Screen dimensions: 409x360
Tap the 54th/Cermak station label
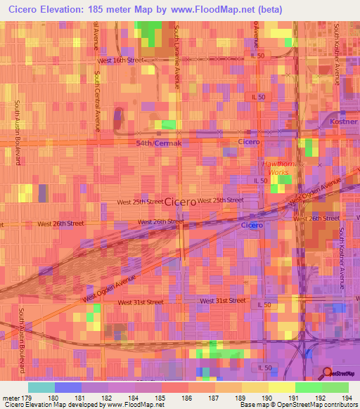click(159, 143)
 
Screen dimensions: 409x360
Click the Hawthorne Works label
click(276, 168)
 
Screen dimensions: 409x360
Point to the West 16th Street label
click(120, 60)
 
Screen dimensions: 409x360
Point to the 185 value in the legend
click(161, 397)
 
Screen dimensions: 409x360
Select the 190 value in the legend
click(269, 397)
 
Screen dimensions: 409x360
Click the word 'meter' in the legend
click(11, 397)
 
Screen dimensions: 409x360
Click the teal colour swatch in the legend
click(41, 387)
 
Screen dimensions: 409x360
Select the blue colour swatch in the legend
click(68, 387)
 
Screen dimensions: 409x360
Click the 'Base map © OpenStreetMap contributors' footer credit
click(297, 405)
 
